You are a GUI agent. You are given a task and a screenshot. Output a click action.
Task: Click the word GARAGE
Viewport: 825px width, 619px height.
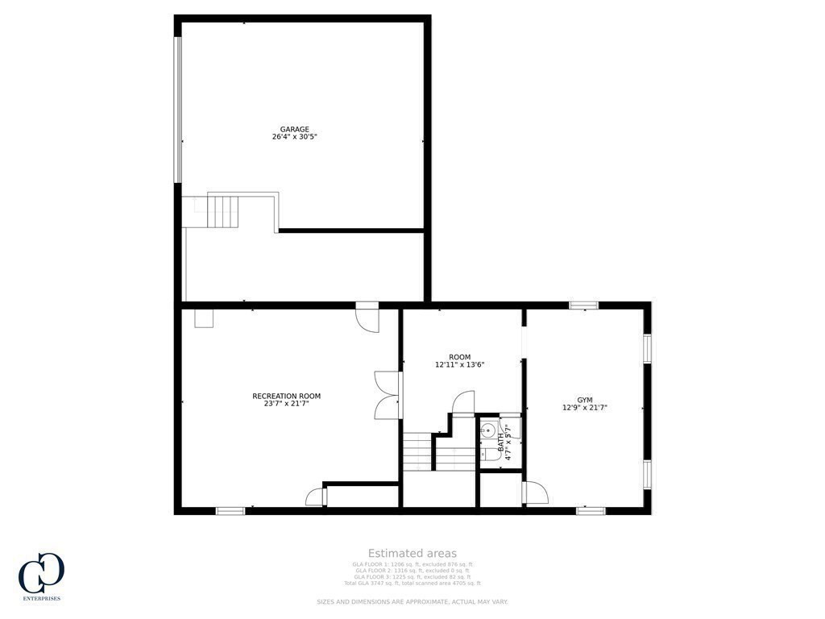[x=294, y=129]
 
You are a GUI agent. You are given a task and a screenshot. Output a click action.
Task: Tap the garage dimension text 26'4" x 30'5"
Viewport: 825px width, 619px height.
[x=294, y=137]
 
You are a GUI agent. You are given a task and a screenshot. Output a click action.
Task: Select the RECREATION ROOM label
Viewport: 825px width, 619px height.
[x=287, y=396]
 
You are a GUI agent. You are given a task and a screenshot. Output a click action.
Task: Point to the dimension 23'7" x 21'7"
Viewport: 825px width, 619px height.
[x=287, y=403]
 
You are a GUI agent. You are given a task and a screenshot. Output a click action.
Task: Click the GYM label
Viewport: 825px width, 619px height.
[x=584, y=400]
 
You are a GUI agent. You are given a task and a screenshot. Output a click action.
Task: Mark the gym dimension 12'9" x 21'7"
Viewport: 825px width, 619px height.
[x=584, y=408]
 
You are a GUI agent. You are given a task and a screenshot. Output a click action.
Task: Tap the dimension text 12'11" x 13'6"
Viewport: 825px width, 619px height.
[x=459, y=364]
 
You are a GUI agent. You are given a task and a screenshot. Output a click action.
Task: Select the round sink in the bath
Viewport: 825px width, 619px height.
[x=487, y=430]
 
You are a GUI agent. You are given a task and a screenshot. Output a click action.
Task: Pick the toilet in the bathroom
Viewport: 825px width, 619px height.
[x=487, y=455]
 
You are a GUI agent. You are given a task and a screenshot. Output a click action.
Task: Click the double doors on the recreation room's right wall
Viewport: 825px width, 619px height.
[x=388, y=395]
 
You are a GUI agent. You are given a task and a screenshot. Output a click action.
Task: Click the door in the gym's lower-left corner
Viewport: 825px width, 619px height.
[x=535, y=492]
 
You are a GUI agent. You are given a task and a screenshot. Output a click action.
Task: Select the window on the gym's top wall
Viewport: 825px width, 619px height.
[x=583, y=305]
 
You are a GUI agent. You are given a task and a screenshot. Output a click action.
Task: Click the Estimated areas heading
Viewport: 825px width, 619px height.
[x=412, y=553]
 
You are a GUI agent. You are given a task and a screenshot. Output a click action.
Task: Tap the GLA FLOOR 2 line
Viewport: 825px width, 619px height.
[x=412, y=571]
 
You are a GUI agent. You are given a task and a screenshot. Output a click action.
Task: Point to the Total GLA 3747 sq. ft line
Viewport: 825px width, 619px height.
[x=412, y=583]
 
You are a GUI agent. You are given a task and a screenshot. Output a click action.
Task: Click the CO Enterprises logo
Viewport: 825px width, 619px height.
[x=41, y=576]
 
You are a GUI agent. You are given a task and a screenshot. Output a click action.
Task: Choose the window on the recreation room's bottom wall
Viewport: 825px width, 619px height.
[x=230, y=510]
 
